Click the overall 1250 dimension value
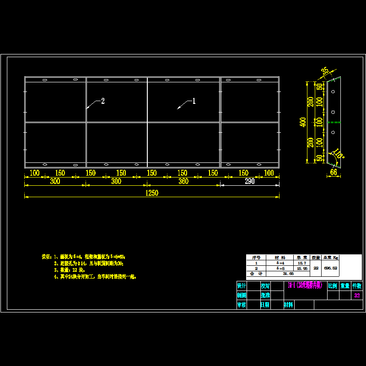coord(152,193)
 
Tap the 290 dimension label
coord(250,181)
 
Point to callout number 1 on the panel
coord(194,101)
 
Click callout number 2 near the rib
coord(103,101)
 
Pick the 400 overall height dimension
coord(302,122)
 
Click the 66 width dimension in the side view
coord(333,172)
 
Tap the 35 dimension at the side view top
coord(325,71)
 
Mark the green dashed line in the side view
coord(334,122)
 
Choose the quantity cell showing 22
coord(316,269)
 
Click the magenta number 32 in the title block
coord(357,296)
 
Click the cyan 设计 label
coord(242,285)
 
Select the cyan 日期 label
coord(265,305)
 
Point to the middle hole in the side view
coord(334,112)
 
